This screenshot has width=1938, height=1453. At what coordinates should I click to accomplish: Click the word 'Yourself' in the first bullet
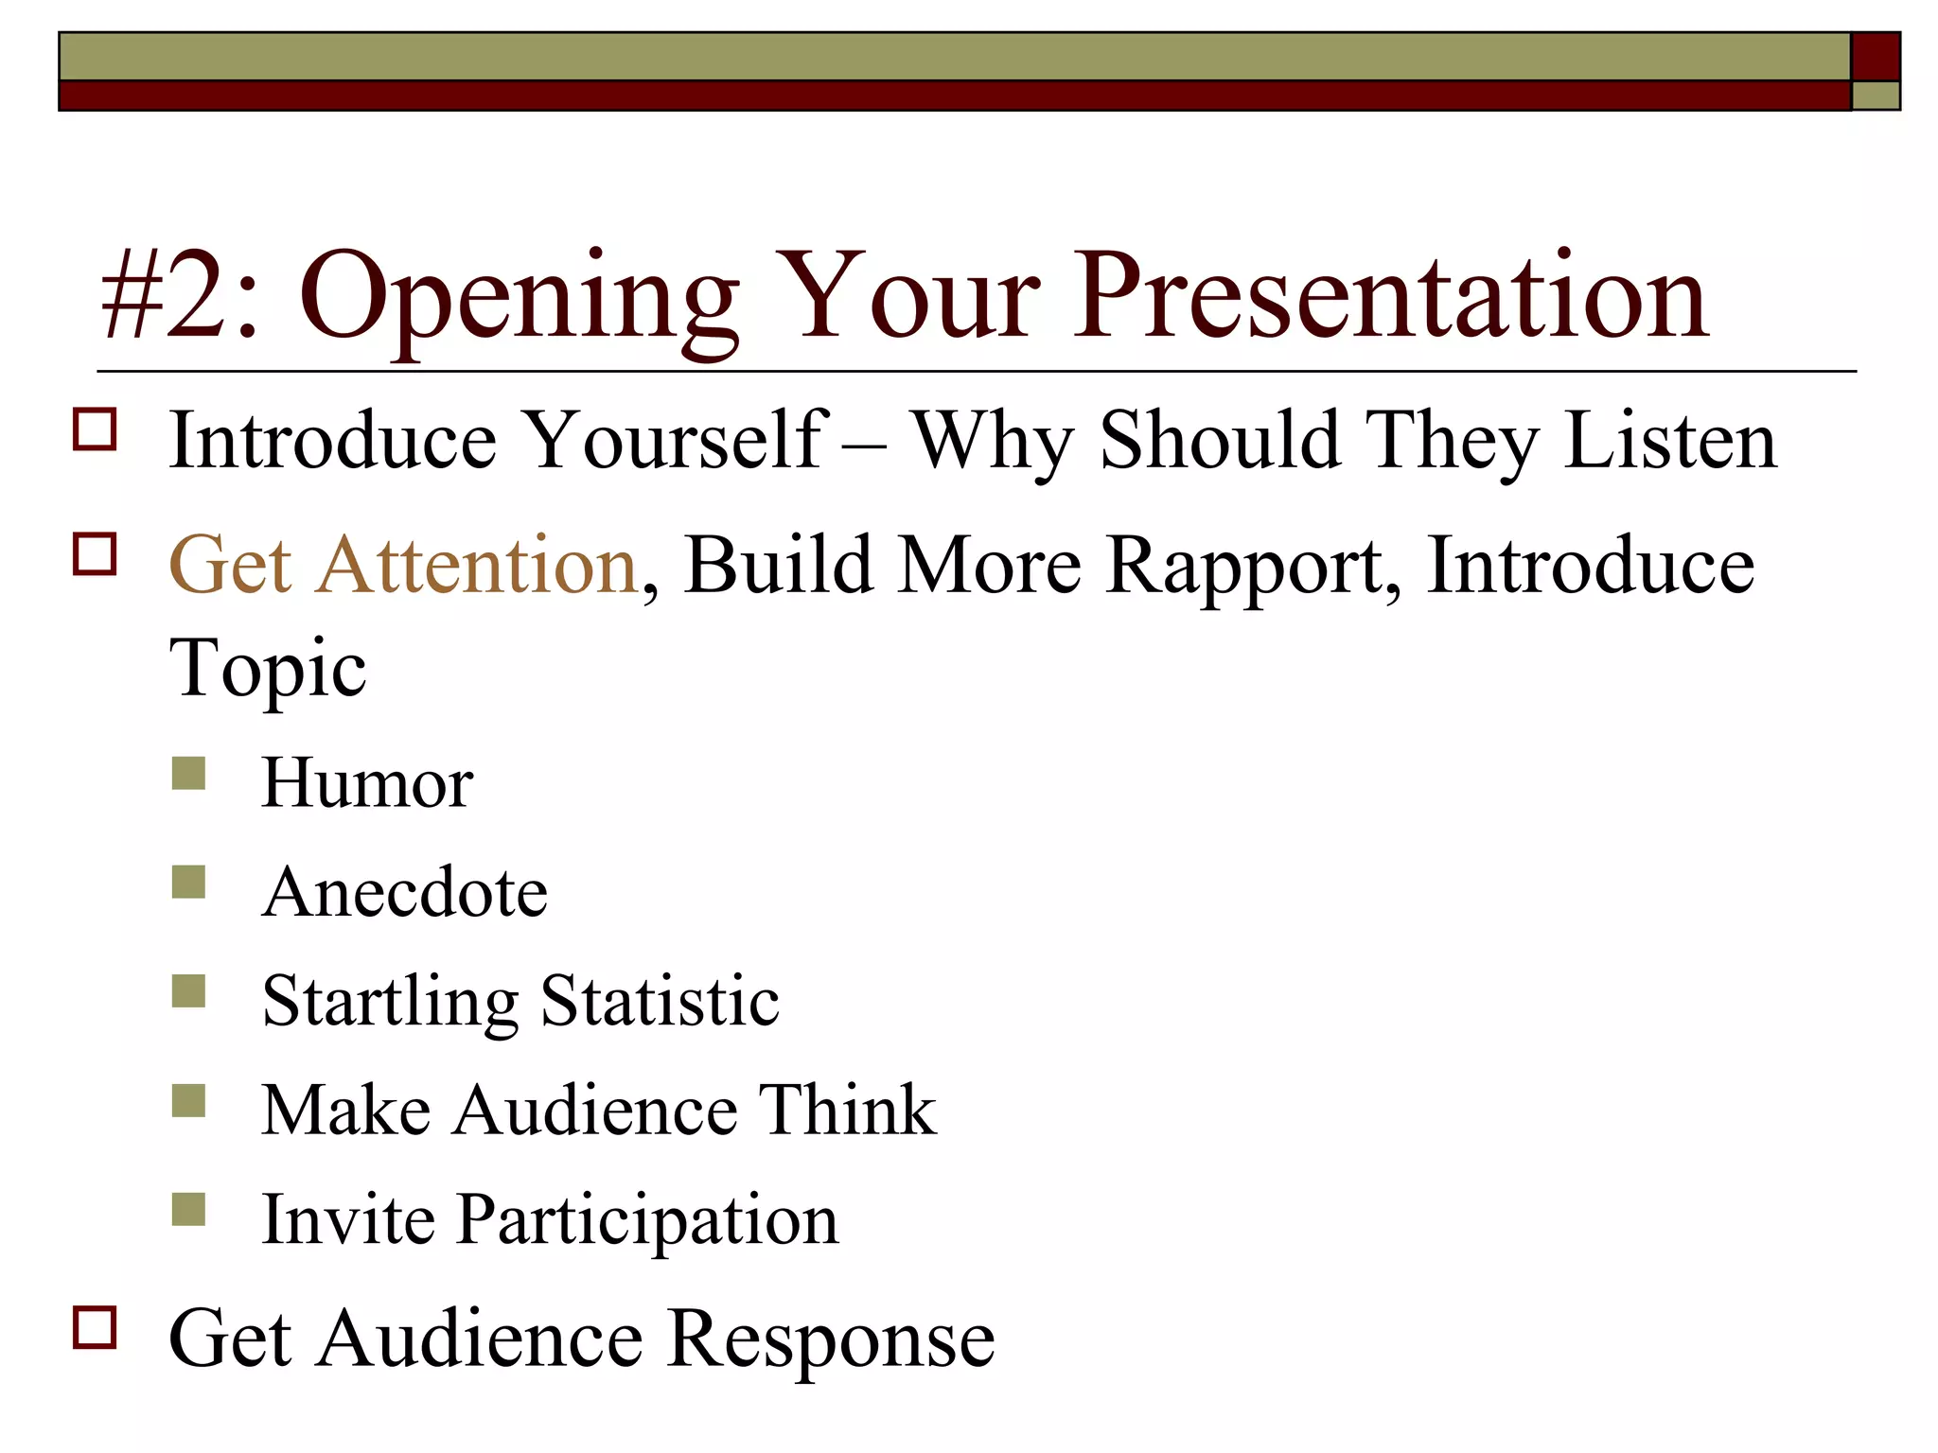click(x=676, y=441)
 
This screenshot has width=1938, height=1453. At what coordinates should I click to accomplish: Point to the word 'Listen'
click(x=1670, y=441)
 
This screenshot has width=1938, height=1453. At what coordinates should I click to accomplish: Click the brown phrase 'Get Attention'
click(x=403, y=566)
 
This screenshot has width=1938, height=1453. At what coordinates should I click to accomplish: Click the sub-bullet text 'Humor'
click(x=367, y=783)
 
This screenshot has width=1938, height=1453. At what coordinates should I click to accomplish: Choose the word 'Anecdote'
click(x=405, y=892)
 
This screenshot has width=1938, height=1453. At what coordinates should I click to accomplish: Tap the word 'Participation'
click(x=647, y=1220)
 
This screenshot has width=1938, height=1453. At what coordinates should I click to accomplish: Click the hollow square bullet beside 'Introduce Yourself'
click(x=95, y=429)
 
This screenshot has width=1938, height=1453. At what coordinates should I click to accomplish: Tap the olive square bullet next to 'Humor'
click(x=189, y=773)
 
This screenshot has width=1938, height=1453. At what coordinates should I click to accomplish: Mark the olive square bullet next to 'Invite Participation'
click(x=189, y=1209)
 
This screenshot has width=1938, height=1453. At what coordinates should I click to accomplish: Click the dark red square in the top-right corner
click(x=1875, y=57)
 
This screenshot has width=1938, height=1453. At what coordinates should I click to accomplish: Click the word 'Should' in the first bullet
click(x=1220, y=441)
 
